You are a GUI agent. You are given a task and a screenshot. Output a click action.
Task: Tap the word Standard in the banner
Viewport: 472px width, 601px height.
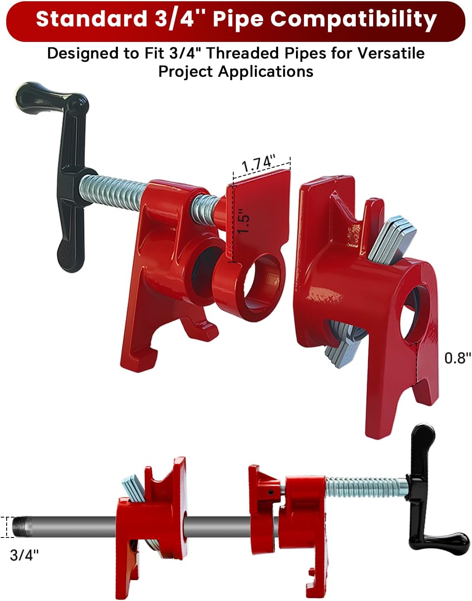[91, 19]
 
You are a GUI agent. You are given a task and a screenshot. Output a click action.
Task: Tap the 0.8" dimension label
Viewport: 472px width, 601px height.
[457, 358]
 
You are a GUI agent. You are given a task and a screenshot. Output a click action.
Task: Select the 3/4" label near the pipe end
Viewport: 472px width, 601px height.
[24, 555]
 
